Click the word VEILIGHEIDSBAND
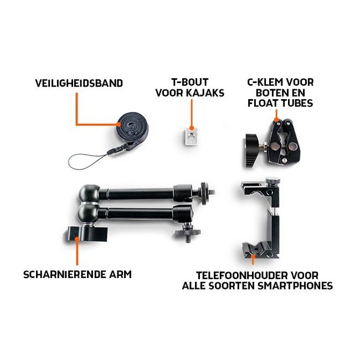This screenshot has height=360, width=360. click(79, 84)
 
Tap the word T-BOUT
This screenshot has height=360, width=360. click(191, 83)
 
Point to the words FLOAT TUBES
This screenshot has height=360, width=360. click(280, 104)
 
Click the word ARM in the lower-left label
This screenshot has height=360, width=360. click(119, 274)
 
